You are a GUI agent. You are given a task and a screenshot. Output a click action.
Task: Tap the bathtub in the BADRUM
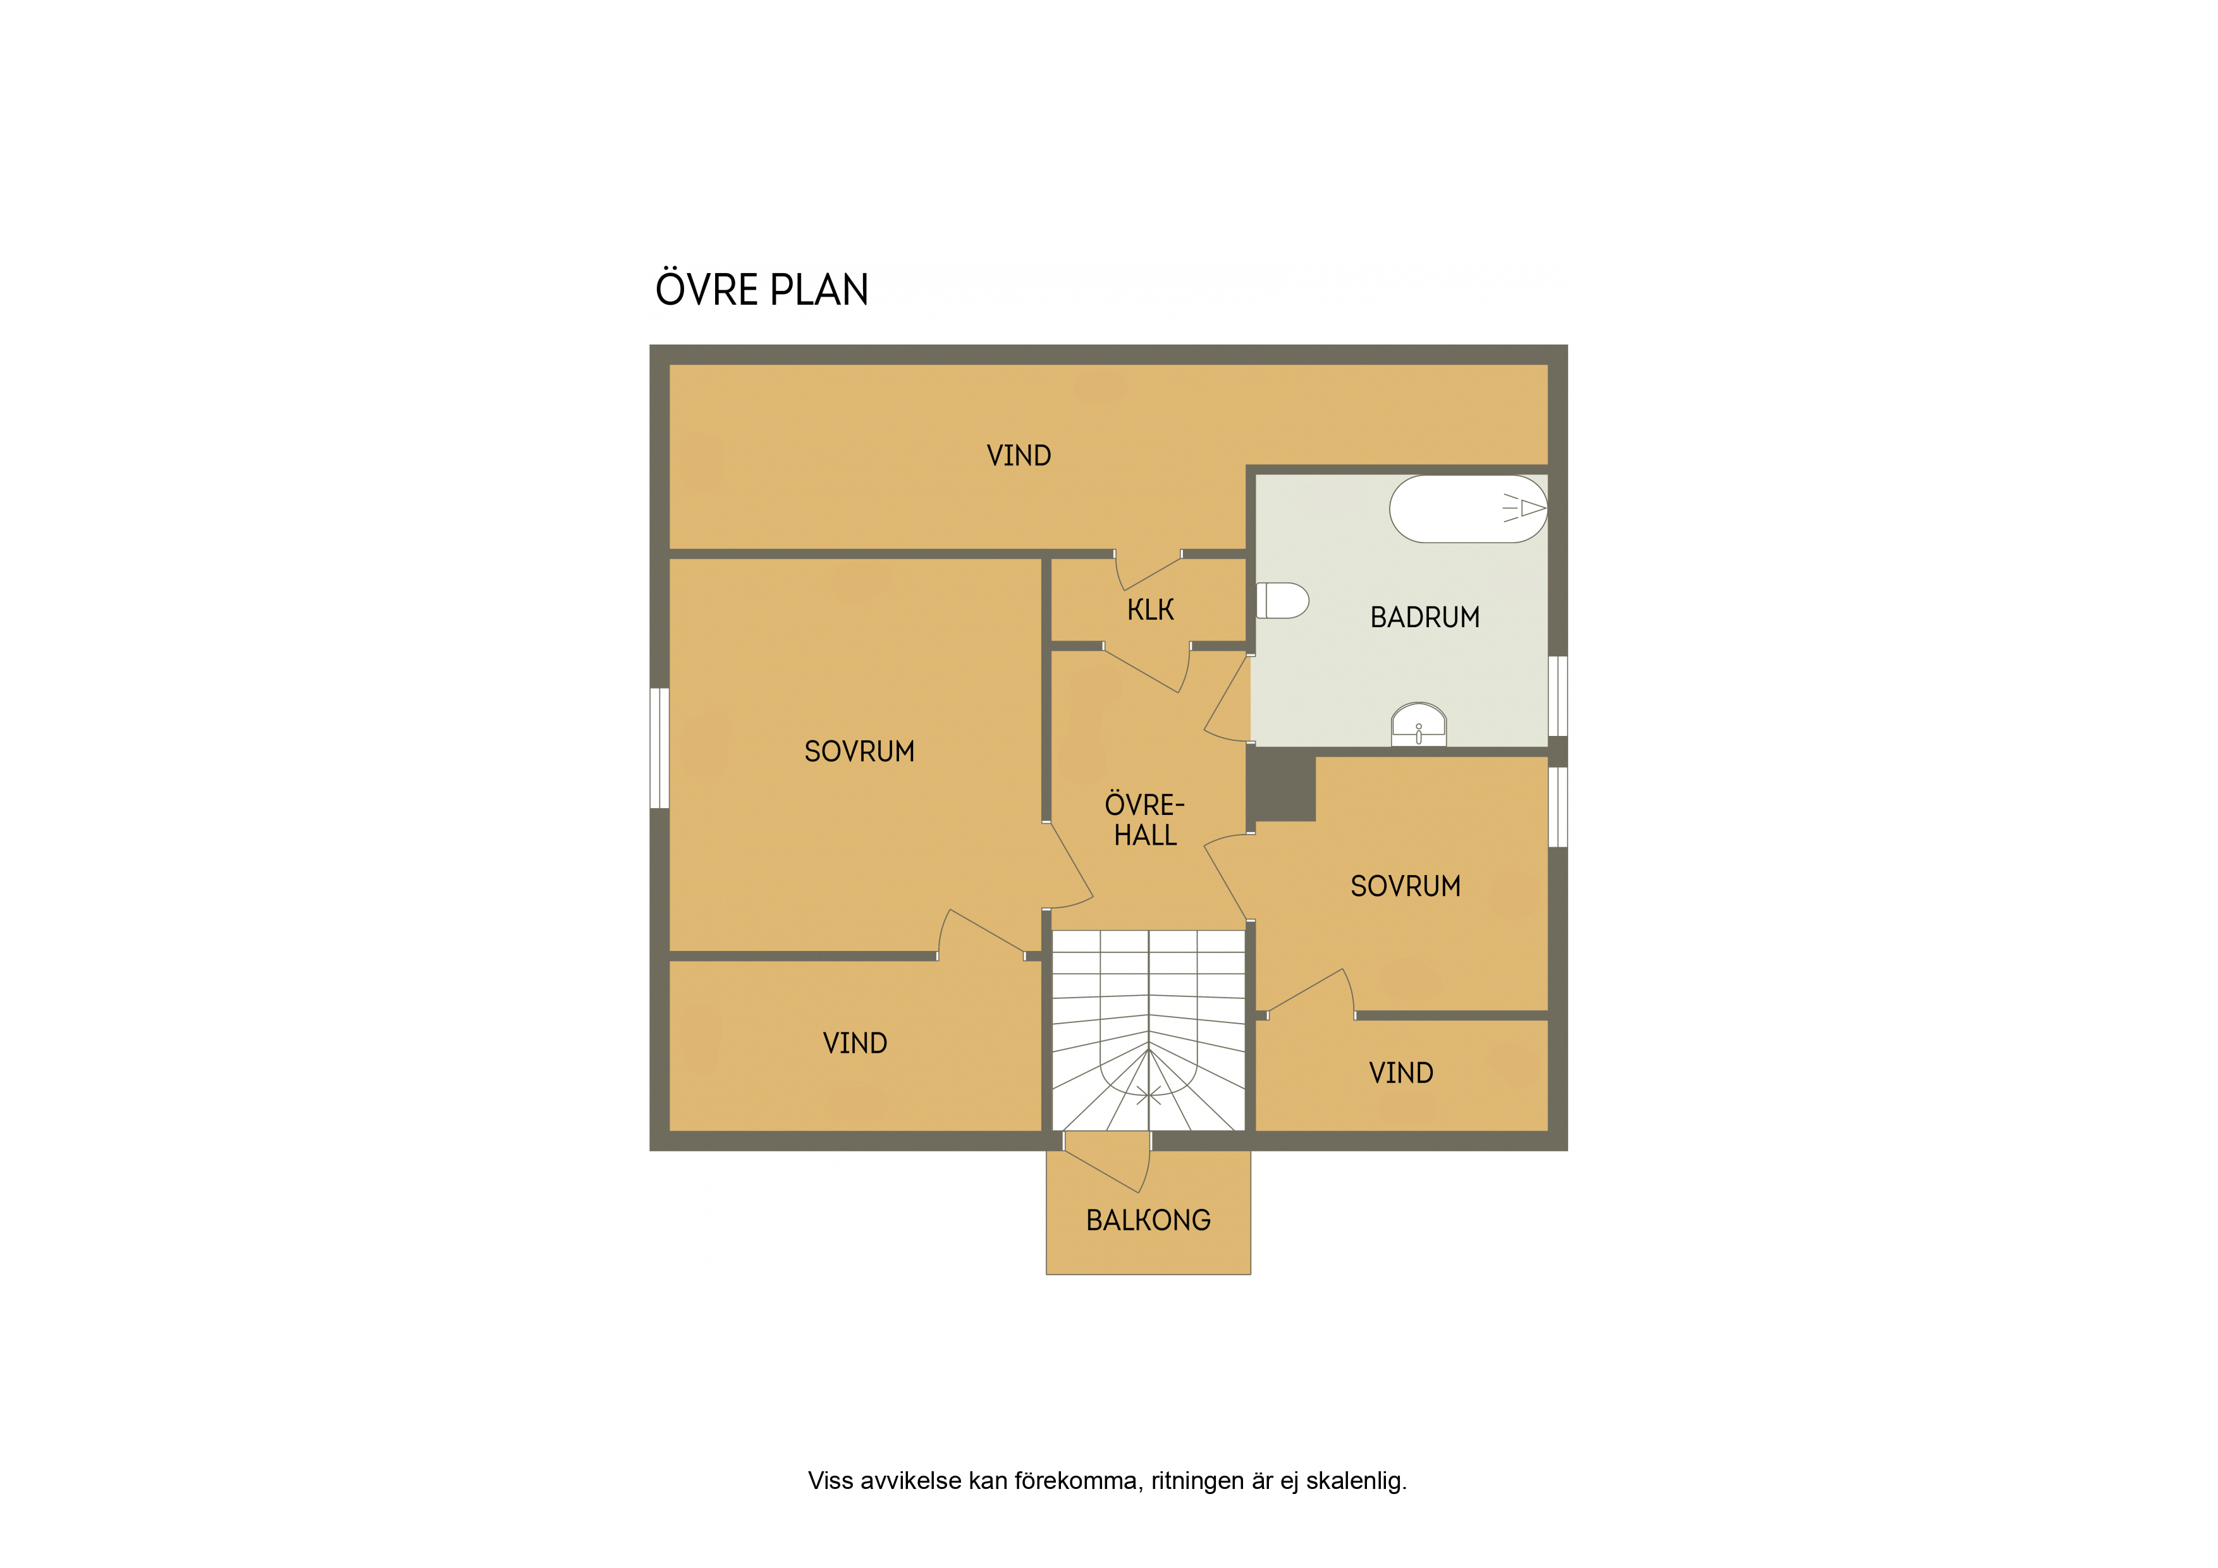pyautogui.click(x=1467, y=508)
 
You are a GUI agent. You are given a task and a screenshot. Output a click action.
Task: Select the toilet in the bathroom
pyautogui.click(x=1282, y=600)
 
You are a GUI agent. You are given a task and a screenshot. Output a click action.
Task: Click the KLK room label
pyautogui.click(x=1151, y=609)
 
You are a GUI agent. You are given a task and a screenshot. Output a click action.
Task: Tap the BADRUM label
pyautogui.click(x=1425, y=617)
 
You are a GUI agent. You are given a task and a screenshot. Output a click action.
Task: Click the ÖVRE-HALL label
pyautogui.click(x=1145, y=819)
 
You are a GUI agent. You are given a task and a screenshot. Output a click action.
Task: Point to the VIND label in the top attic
pyautogui.click(x=1018, y=455)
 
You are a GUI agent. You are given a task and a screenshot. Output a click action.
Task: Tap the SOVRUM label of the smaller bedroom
pyautogui.click(x=1406, y=886)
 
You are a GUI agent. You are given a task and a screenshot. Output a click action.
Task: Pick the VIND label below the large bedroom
pyautogui.click(x=855, y=1043)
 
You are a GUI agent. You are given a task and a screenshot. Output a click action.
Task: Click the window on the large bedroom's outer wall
pyautogui.click(x=659, y=748)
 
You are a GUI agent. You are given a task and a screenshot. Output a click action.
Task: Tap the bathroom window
pyautogui.click(x=1557, y=697)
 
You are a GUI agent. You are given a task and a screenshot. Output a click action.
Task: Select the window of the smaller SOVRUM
pyautogui.click(x=1557, y=807)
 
